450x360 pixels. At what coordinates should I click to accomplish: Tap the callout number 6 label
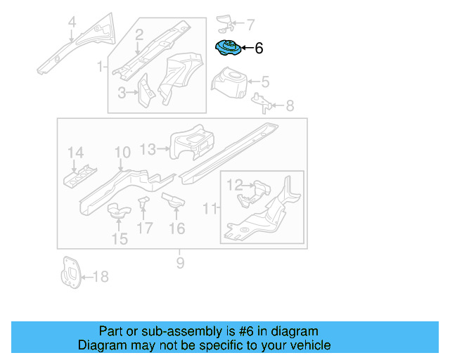click(x=258, y=49)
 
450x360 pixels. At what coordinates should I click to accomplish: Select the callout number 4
click(x=71, y=27)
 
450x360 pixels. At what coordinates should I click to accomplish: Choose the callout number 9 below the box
click(x=180, y=263)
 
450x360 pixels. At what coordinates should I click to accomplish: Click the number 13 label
click(x=148, y=149)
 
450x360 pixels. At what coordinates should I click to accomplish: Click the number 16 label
click(x=176, y=228)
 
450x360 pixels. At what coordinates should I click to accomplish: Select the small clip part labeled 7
click(x=226, y=22)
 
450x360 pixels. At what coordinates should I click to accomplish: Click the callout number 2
click(x=139, y=34)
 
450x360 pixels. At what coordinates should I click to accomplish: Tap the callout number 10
click(x=122, y=153)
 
